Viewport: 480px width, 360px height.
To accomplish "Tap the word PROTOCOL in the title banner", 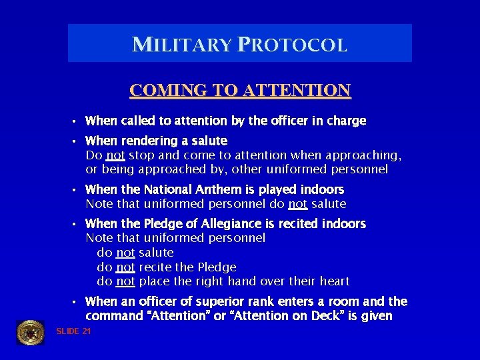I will [290, 45].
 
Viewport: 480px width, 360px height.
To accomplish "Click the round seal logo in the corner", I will [30, 332].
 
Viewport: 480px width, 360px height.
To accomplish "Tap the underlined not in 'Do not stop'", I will [115, 156].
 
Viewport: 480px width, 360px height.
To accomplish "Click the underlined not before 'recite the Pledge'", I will [125, 267].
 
